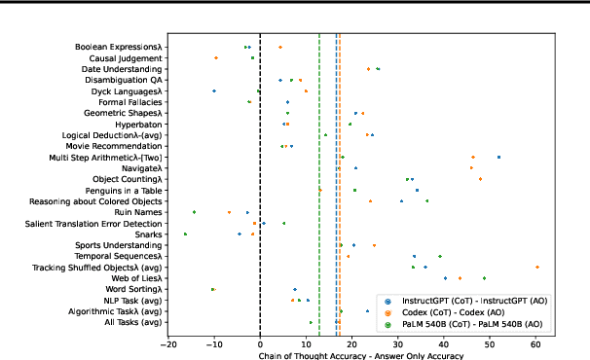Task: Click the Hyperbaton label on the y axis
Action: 141,124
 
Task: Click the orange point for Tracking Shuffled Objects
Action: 536,267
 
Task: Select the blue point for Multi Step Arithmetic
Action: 498,157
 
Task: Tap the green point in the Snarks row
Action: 185,234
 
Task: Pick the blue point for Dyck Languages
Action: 214,90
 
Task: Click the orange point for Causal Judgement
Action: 216,58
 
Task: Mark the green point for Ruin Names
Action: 195,211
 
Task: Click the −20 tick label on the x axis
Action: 167,343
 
